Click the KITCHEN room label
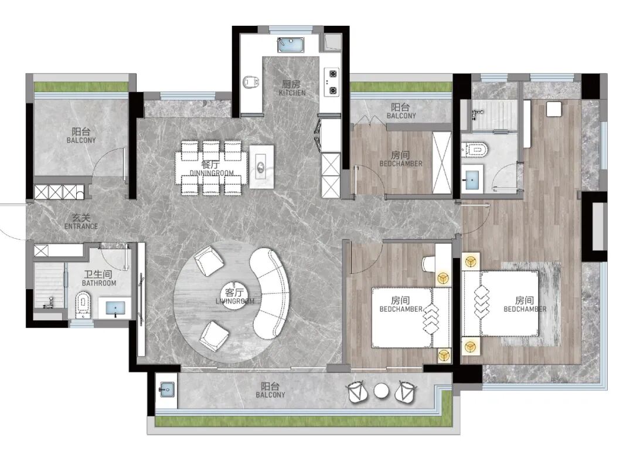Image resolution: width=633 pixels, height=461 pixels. [292, 93]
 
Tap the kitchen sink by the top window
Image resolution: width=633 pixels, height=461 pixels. [291, 45]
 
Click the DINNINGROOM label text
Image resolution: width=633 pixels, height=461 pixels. [212, 173]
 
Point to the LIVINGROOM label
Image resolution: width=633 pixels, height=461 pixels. [235, 301]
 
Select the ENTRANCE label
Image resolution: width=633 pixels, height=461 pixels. [81, 226]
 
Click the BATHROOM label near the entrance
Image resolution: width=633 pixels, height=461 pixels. [99, 283]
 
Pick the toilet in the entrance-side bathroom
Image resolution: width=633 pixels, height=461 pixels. [83, 304]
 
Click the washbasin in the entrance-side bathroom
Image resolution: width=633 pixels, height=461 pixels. [115, 308]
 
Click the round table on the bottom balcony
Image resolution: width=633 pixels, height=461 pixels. [381, 391]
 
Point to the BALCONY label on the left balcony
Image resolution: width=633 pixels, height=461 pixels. [81, 140]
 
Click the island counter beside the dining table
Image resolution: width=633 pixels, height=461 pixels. [261, 167]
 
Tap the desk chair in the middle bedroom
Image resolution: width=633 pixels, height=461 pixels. [428, 264]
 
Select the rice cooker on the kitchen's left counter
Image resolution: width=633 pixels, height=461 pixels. [251, 83]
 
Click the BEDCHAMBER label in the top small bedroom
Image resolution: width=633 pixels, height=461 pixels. [401, 164]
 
